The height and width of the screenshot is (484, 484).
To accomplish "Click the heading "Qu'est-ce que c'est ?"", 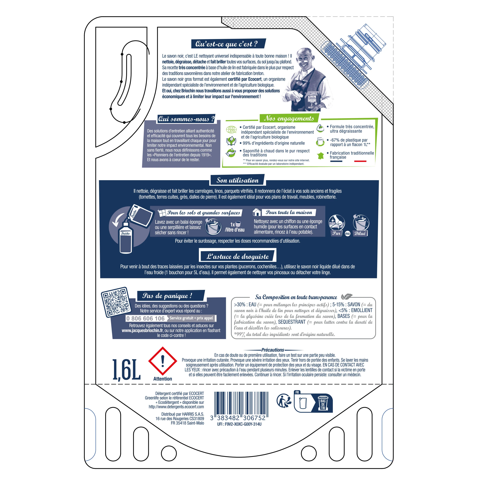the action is pyautogui.click(x=226, y=44).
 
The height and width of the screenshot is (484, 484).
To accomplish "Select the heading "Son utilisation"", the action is pyautogui.click(x=237, y=180).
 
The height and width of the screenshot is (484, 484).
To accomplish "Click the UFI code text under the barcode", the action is pyautogui.click(x=239, y=424).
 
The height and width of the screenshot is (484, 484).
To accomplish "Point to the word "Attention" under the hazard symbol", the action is pyautogui.click(x=163, y=379).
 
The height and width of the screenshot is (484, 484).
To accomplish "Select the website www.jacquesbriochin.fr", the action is pyautogui.click(x=142, y=330).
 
